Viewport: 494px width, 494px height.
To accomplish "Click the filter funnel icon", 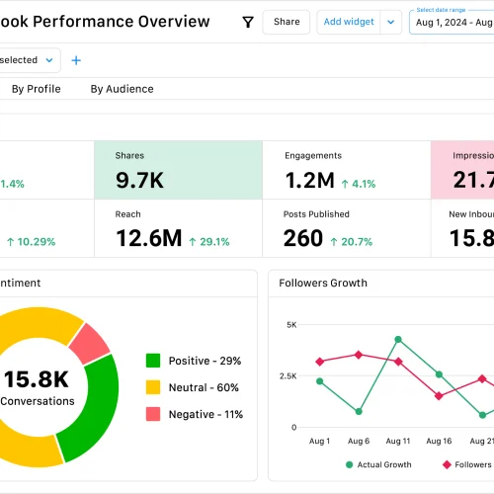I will tap(248, 22).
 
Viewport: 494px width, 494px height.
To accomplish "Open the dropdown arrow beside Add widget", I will tap(391, 22).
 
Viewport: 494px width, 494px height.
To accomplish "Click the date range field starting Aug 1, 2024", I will tap(453, 22).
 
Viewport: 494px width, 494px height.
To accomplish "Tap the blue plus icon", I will tap(76, 60).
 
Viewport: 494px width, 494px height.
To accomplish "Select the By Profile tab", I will tap(36, 89).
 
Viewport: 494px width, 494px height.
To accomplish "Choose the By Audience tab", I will tap(122, 89).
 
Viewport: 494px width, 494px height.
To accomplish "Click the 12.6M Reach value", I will tap(148, 238).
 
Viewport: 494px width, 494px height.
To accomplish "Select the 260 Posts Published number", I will tap(303, 238).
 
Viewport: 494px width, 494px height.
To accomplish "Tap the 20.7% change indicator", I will tap(352, 241).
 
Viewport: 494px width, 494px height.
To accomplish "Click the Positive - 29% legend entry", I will tap(194, 361).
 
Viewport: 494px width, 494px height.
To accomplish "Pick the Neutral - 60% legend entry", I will tap(194, 387).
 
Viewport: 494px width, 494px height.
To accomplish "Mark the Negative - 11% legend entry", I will tap(194, 414).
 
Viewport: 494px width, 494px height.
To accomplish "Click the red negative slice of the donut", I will tap(91, 341).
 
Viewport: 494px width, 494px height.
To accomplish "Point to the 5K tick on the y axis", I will tap(290, 324).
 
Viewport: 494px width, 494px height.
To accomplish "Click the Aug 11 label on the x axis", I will tap(398, 442).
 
